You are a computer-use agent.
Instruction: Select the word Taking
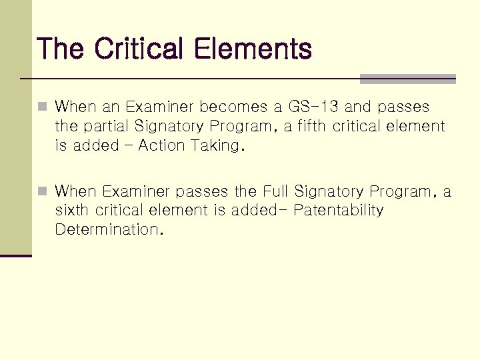219,145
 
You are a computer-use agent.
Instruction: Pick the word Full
276,192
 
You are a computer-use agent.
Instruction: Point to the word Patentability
338,211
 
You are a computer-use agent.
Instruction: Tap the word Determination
109,230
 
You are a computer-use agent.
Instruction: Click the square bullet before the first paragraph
43,107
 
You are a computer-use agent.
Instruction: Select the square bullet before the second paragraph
43,192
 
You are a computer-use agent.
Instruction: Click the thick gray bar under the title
407,79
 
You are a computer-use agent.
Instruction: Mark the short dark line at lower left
16,255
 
